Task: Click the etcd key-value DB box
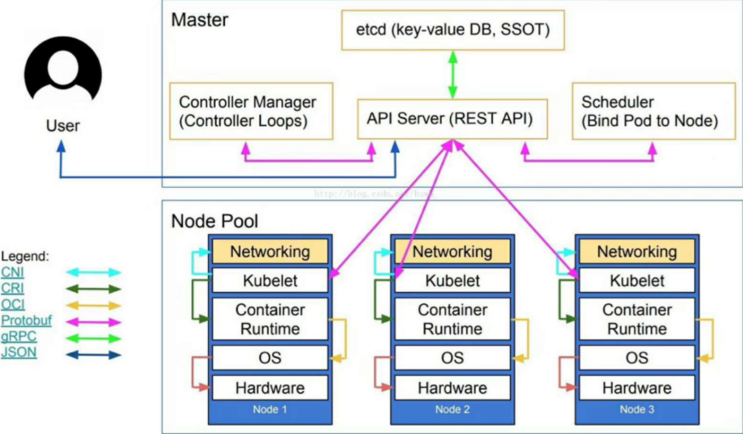[x=453, y=30]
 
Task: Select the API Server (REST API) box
[x=452, y=119]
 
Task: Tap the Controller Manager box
[x=251, y=111]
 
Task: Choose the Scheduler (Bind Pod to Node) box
[x=654, y=111]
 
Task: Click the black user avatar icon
[x=63, y=69]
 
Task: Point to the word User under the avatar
[x=63, y=126]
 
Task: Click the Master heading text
[x=199, y=20]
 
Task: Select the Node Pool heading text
[x=215, y=221]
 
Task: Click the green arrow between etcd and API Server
[x=453, y=75]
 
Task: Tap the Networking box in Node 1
[x=270, y=251]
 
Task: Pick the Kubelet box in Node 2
[x=453, y=281]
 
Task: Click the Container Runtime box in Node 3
[x=637, y=319]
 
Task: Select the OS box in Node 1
[x=270, y=358]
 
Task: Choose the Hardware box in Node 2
[x=453, y=388]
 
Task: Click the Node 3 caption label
[x=637, y=409]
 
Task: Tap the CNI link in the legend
[x=12, y=272]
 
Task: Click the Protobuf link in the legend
[x=26, y=320]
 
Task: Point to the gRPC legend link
[x=19, y=337]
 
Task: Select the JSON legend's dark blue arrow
[x=93, y=355]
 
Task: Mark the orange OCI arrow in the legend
[x=93, y=306]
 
